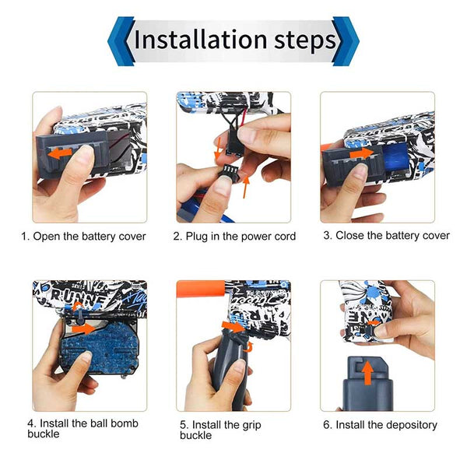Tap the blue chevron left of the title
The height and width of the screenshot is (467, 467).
(120, 40)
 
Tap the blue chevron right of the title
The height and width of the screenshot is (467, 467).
(346, 40)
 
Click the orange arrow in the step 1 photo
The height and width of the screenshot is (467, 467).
(58, 155)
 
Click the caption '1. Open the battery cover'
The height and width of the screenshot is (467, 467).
(83, 235)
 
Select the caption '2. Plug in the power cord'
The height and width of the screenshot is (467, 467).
(234, 236)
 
